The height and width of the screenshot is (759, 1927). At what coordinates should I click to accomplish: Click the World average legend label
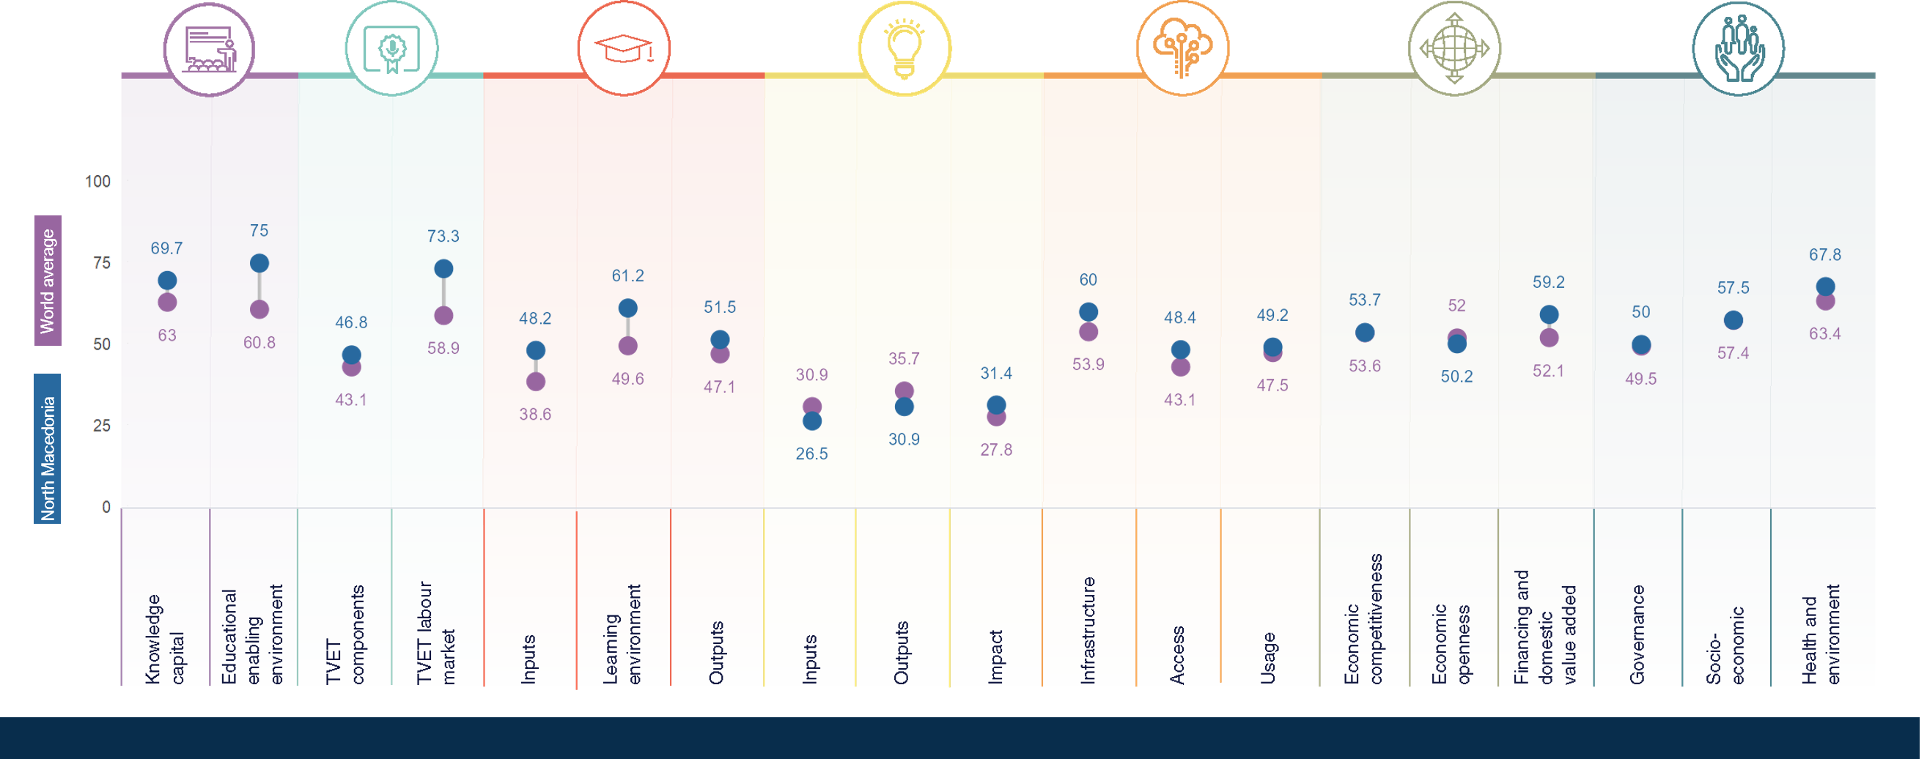(x=48, y=281)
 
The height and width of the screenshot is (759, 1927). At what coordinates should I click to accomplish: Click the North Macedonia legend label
(x=48, y=448)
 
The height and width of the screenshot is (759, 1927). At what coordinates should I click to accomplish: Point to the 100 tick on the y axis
(x=97, y=181)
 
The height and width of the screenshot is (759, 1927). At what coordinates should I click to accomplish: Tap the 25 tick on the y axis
(x=102, y=426)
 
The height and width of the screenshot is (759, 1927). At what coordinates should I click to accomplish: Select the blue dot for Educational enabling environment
(x=259, y=262)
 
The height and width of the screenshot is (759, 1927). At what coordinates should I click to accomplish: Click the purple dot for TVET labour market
(x=443, y=316)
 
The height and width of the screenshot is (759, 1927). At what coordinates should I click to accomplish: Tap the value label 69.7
(x=166, y=248)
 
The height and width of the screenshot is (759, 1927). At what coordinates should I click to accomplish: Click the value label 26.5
(x=811, y=454)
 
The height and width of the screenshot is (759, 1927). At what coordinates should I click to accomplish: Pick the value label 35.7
(x=904, y=359)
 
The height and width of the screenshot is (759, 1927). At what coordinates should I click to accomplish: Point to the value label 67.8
(x=1824, y=255)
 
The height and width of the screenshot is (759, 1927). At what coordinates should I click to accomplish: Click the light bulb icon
(x=904, y=48)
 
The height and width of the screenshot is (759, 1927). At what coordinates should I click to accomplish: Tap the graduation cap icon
(x=623, y=48)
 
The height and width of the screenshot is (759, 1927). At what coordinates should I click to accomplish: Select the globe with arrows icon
(x=1454, y=48)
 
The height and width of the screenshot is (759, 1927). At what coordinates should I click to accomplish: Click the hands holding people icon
(x=1739, y=48)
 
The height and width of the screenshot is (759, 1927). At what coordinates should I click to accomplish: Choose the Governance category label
(x=1637, y=634)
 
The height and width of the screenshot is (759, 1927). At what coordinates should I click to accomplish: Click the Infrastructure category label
(x=1088, y=629)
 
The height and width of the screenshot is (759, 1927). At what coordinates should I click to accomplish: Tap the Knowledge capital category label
(x=165, y=639)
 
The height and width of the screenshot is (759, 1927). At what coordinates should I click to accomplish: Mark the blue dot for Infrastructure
(x=1088, y=312)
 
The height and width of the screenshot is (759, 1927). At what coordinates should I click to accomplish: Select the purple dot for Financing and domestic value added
(x=1549, y=338)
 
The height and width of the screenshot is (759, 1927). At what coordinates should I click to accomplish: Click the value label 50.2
(x=1456, y=377)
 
